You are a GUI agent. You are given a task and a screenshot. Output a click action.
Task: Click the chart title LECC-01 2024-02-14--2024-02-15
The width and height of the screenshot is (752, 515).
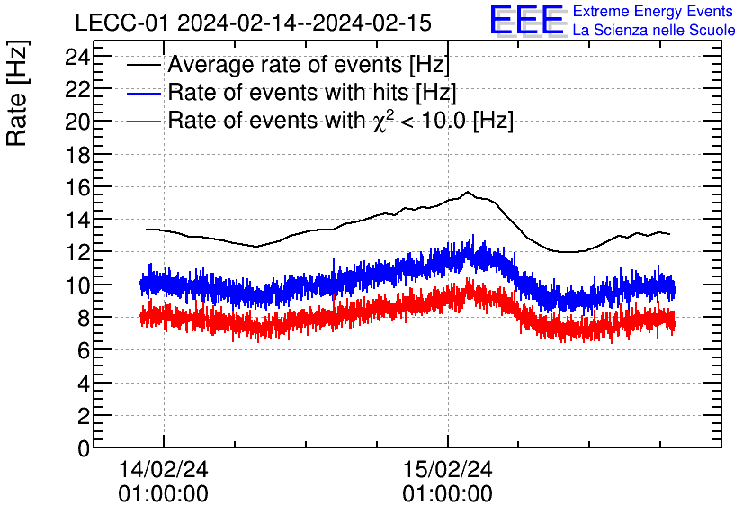[253, 23]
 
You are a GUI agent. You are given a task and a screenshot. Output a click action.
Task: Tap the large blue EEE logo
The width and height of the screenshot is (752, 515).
[528, 21]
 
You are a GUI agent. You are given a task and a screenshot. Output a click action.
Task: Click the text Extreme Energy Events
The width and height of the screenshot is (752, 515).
[652, 11]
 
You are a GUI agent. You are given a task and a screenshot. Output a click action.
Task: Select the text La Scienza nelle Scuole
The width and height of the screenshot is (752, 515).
[653, 31]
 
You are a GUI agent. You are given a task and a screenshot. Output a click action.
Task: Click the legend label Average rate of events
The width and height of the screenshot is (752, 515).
[309, 66]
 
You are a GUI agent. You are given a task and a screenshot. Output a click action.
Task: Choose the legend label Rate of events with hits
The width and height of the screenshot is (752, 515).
[312, 93]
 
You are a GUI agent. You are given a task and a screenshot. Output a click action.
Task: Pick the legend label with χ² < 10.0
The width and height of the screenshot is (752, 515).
[341, 120]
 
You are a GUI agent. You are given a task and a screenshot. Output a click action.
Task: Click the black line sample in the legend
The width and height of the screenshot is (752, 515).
[145, 66]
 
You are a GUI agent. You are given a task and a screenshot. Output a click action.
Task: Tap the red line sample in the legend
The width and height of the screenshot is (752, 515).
[145, 121]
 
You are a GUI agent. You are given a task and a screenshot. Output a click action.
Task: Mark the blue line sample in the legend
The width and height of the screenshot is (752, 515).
[145, 93]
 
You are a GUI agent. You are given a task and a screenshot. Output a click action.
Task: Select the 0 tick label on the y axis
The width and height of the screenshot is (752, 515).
[83, 448]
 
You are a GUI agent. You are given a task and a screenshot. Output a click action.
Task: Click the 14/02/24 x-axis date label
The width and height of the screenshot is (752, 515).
[163, 470]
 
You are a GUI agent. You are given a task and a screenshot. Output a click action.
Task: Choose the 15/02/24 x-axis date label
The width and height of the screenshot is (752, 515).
[447, 470]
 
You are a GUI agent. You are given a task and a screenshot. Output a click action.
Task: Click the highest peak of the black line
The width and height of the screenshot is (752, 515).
[468, 192]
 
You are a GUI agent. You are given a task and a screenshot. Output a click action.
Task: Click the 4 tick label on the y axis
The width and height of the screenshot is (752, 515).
[83, 384]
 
